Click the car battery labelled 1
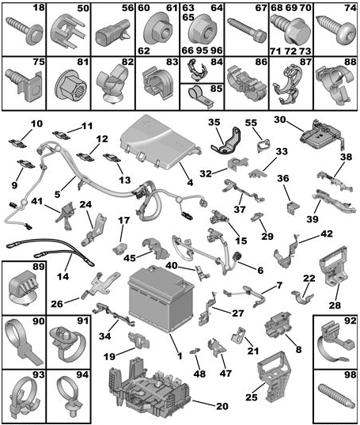point(161,298)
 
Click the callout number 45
point(130,257)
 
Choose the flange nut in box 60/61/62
point(158,32)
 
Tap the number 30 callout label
point(280,120)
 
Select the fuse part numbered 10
point(17,143)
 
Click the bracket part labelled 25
point(275,377)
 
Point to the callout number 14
point(63,277)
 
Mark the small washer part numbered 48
point(194,352)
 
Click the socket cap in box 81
point(71,85)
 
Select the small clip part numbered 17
point(119,249)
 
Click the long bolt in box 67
point(246,29)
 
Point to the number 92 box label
point(350,321)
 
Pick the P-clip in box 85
point(199,97)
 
